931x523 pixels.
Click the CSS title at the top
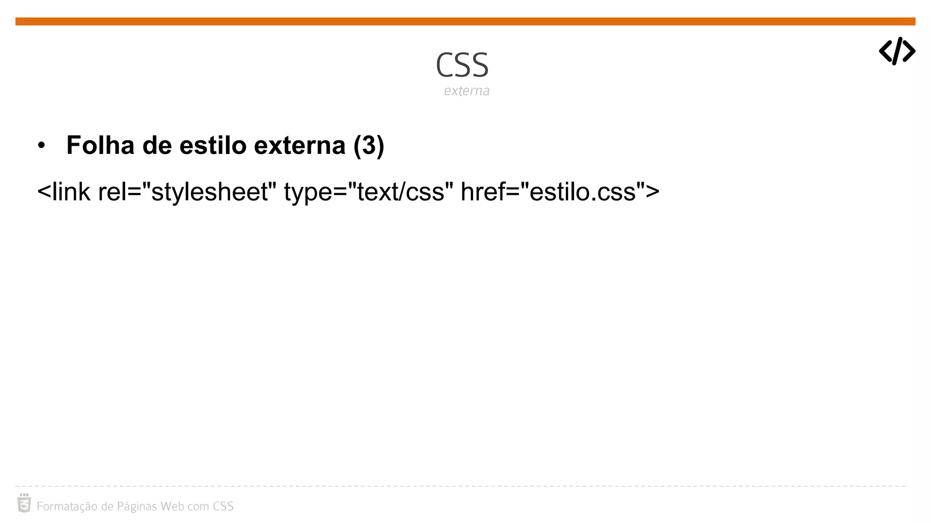[462, 65]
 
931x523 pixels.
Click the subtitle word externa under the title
[466, 91]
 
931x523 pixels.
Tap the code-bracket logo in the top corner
[896, 51]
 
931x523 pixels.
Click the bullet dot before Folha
[42, 146]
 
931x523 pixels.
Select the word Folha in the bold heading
[100, 145]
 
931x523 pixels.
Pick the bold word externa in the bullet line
[300, 145]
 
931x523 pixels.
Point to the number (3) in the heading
[369, 145]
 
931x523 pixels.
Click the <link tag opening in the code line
[64, 192]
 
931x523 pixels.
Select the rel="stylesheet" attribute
[187, 192]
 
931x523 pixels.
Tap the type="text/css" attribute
[368, 192]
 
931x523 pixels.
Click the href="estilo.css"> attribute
[560, 192]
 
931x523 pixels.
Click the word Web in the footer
[172, 506]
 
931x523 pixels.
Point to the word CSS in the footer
[223, 506]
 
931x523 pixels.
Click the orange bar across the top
[465, 21]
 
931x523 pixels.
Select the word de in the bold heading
[157, 145]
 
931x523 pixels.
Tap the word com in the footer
[198, 507]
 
